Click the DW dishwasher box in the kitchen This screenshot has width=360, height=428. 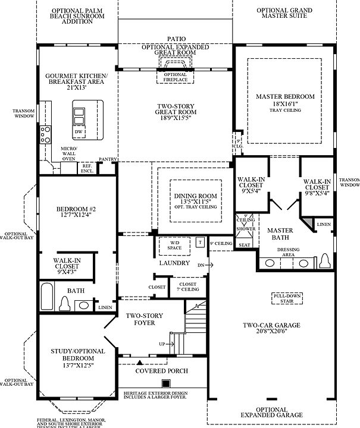[79, 131]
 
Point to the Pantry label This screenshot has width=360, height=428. [108, 160]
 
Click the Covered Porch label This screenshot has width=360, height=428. [161, 371]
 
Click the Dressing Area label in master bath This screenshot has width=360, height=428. [288, 252]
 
